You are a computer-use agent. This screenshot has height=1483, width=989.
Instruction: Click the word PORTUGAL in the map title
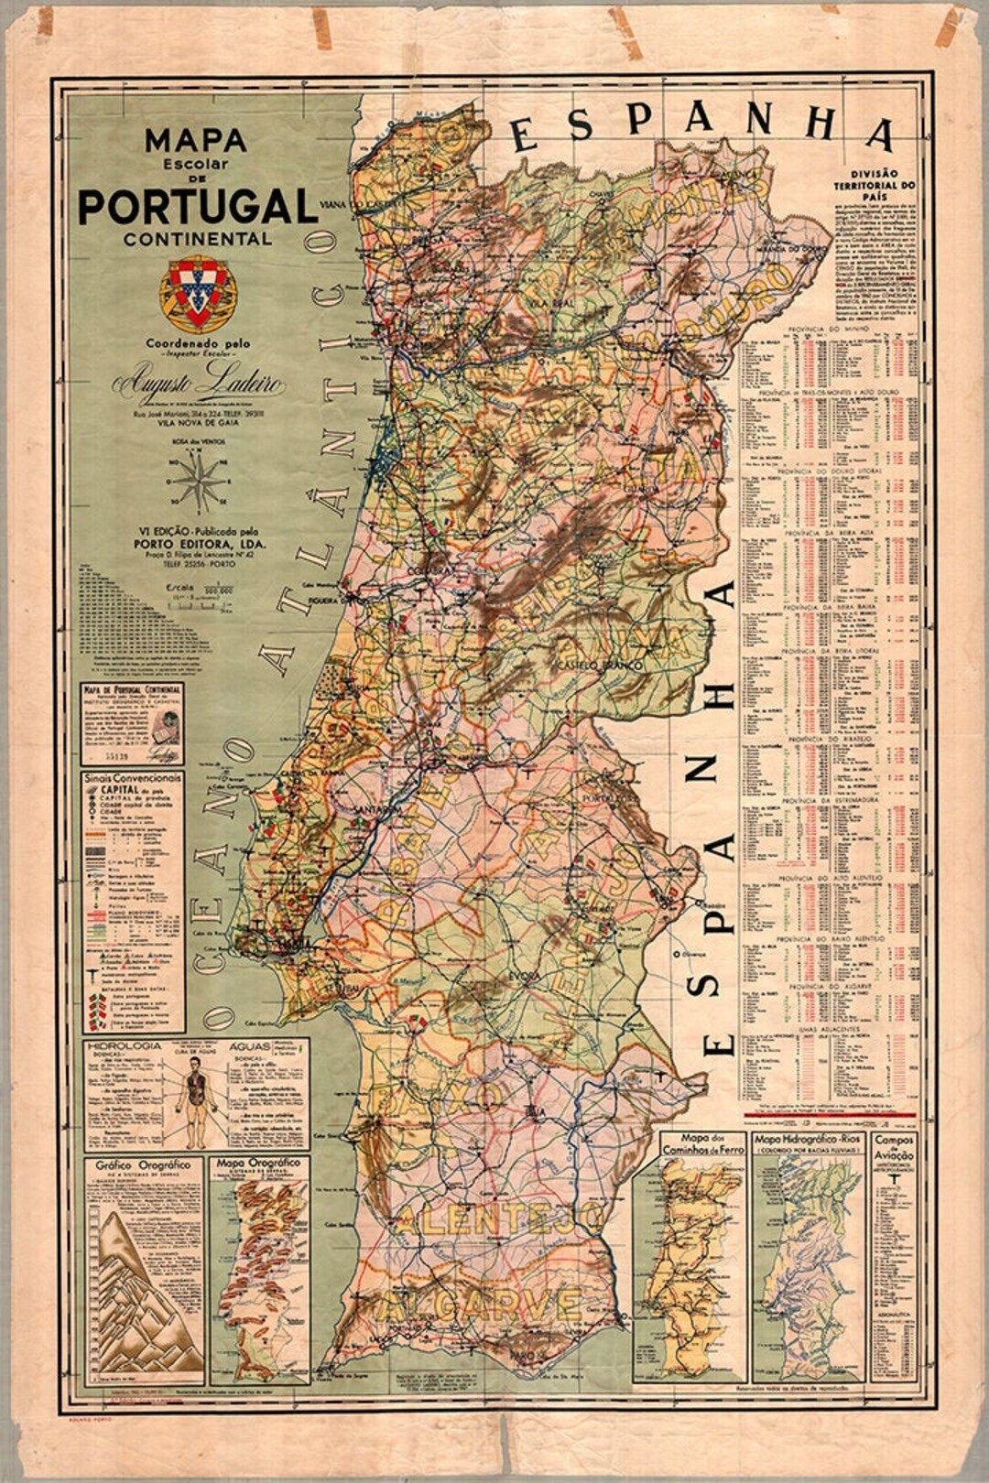(197, 206)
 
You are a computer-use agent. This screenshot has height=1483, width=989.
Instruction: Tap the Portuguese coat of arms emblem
(198, 293)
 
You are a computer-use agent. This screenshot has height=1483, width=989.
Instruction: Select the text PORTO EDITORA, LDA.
(200, 543)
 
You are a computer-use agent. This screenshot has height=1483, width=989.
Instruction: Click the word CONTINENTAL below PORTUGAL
(198, 239)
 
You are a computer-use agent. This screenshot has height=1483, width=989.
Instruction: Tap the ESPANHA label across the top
(701, 125)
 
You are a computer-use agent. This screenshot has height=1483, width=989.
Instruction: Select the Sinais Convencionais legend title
(133, 778)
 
